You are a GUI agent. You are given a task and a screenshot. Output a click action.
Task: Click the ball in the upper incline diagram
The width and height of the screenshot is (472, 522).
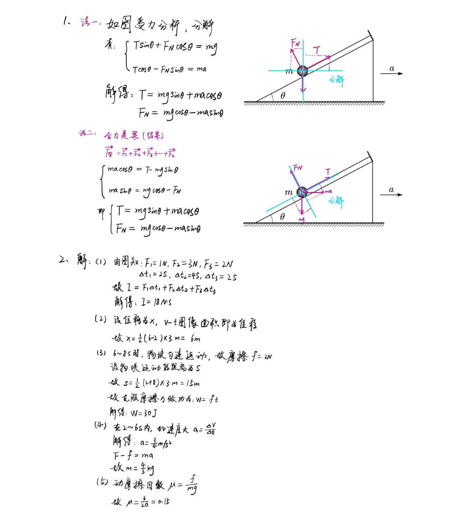click(x=302, y=71)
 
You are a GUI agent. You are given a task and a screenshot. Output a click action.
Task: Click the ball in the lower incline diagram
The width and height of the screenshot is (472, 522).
click(x=302, y=192)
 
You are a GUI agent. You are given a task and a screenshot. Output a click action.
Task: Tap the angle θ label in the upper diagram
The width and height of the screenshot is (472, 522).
click(x=283, y=95)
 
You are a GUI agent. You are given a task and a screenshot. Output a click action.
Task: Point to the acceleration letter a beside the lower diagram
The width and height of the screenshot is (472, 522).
click(x=391, y=190)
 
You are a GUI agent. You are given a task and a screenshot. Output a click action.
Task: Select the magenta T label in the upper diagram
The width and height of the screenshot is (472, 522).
click(x=317, y=50)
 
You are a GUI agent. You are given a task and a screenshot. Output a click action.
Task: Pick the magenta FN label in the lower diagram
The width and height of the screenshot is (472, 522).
click(x=298, y=168)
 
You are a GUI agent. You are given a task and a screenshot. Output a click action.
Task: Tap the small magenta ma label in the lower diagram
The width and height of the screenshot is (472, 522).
click(x=328, y=191)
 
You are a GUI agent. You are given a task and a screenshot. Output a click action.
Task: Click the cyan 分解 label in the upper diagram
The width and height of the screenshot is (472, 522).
click(x=336, y=80)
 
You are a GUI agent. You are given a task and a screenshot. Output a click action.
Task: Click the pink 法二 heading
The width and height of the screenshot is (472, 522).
click(x=87, y=133)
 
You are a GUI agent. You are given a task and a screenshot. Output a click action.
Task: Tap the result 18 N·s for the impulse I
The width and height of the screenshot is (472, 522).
click(x=162, y=302)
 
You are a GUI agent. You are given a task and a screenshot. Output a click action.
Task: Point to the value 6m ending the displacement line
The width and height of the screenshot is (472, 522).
click(x=195, y=339)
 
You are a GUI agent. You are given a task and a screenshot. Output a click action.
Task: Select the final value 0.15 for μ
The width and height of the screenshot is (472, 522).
click(x=164, y=502)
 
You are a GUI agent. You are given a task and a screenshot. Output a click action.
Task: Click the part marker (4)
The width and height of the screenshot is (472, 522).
click(x=100, y=425)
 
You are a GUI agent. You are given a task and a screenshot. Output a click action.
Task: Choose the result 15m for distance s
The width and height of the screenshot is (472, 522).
click(x=192, y=383)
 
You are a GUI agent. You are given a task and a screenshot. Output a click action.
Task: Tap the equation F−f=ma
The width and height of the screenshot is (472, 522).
click(x=133, y=456)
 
